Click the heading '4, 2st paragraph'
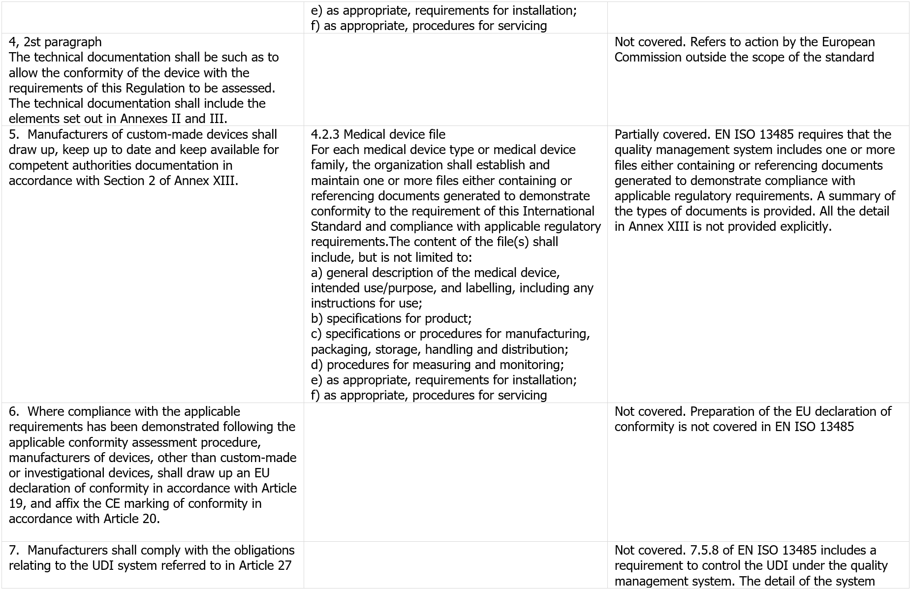pyautogui.click(x=55, y=42)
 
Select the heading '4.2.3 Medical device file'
pyautogui.click(x=378, y=134)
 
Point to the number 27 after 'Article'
pyautogui.click(x=284, y=565)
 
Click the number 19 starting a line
pyautogui.click(x=15, y=503)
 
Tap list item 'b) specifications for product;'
pyautogui.click(x=391, y=318)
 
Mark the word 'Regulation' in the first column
pyautogui.click(x=157, y=88)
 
